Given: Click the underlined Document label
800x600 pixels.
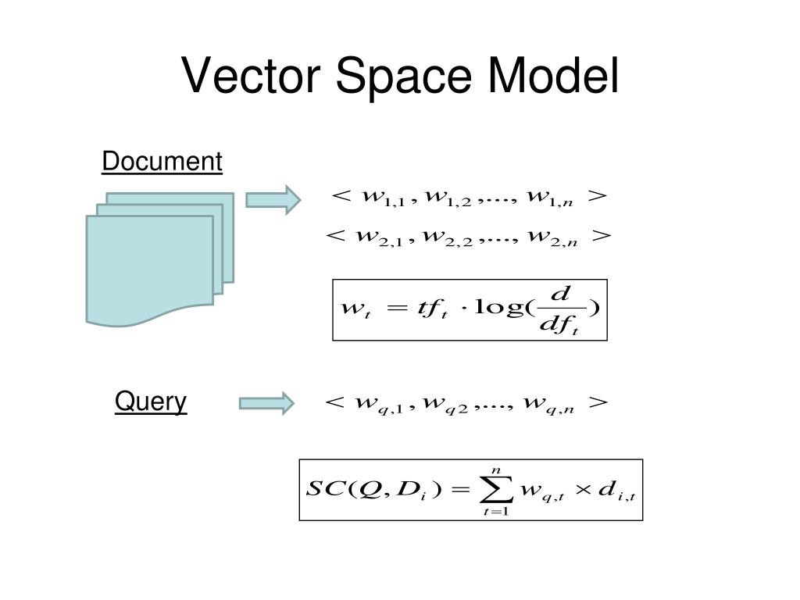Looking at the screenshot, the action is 162,162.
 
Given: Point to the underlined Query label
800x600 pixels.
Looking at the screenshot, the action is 151,402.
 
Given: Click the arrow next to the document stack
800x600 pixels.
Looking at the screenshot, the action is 273,199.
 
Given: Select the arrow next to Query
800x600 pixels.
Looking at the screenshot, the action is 266,403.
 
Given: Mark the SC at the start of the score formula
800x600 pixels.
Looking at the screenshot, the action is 321,490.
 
